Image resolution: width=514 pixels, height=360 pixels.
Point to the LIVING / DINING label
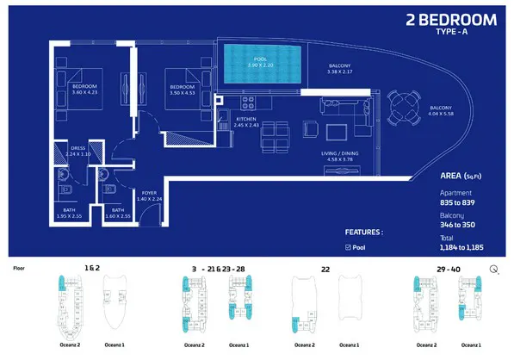342,155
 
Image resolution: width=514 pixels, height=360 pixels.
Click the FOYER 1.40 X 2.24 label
149,196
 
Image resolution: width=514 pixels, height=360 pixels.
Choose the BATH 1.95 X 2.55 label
74,213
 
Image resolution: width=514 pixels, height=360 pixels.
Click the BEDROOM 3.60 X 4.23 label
84,89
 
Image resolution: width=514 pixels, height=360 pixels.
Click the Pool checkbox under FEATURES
347,247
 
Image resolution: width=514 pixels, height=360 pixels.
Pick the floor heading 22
325,269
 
